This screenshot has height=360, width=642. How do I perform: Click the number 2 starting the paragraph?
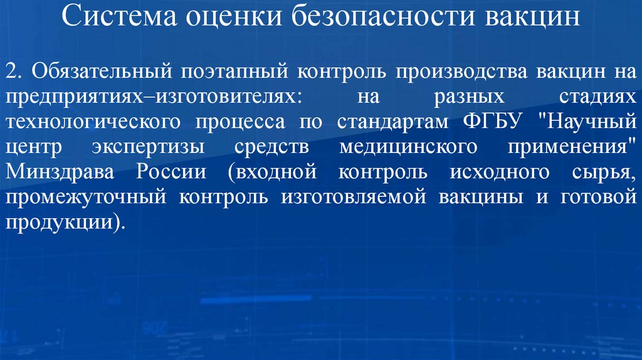point(12,71)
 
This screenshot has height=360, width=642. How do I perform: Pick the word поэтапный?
point(234,71)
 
